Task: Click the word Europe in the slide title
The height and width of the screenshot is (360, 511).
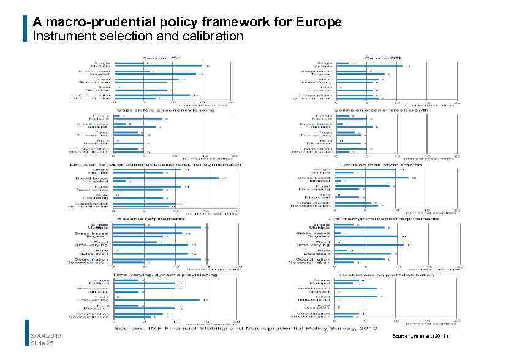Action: pyautogui.click(x=319, y=23)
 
